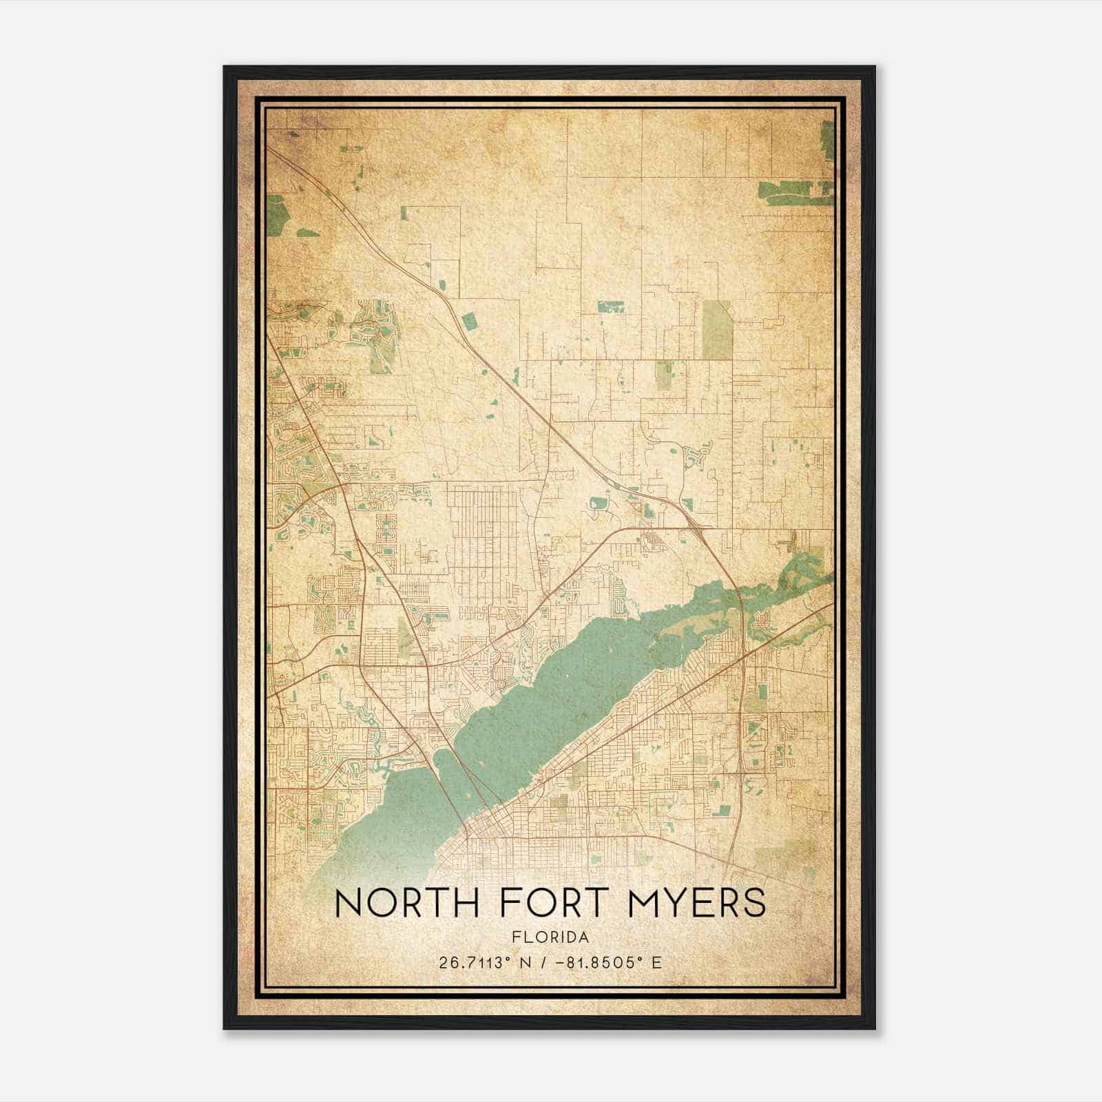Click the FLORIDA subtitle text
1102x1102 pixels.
550,937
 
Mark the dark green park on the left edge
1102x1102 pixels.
277,214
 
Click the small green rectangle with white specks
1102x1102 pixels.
610,307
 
